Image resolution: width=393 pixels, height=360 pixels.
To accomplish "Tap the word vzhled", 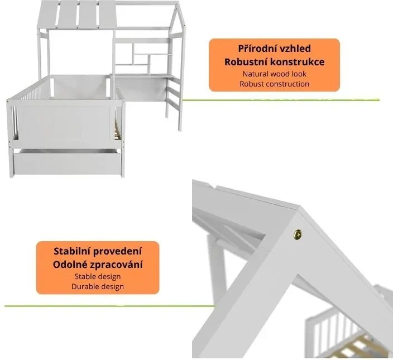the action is [295, 49].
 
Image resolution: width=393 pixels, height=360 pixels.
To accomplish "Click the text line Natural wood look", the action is [275, 74].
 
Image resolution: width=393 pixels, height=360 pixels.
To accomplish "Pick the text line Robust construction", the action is [275, 84].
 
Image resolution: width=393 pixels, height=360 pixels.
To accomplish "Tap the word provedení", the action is [117, 251].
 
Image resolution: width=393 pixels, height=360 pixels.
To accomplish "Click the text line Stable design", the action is [98, 277].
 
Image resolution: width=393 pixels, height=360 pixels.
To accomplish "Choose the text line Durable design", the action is [98, 286].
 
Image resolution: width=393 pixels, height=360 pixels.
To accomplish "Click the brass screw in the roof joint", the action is [298, 234].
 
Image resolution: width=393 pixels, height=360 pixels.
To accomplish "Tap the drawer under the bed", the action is [67, 162].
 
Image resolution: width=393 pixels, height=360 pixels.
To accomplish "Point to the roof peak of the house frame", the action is [177, 2].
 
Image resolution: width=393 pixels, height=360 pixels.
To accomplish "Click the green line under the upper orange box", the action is [281, 100].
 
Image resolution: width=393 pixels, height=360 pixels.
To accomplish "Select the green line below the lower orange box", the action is [109, 306].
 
